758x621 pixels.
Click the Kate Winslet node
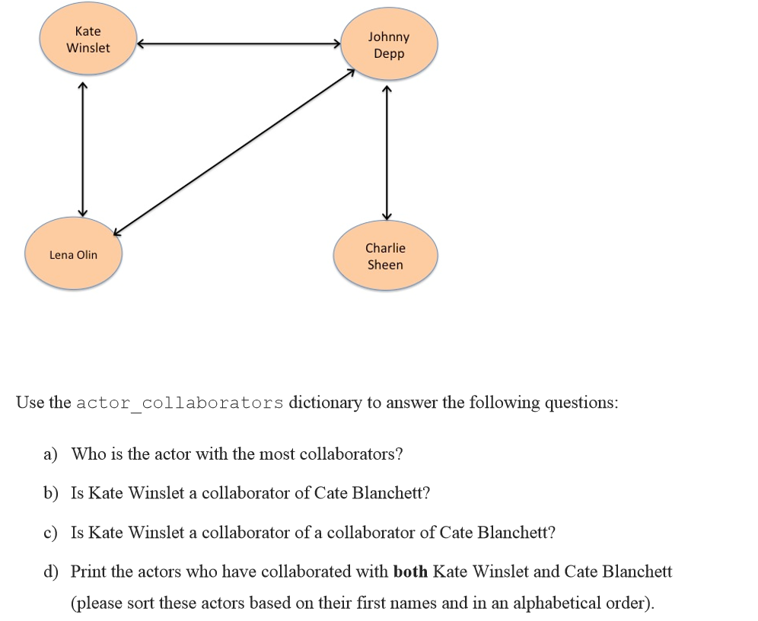[x=88, y=40]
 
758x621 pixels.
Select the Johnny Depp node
[x=389, y=45]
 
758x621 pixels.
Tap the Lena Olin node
[x=73, y=255]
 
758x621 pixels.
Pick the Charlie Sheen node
[x=385, y=256]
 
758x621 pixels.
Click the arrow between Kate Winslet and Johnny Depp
[x=238, y=44]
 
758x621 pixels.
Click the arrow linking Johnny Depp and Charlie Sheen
[x=387, y=152]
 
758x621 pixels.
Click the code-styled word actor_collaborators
[x=180, y=403]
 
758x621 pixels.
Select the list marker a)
[x=50, y=454]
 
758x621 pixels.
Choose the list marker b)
[x=50, y=493]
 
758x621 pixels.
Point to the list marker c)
[x=50, y=533]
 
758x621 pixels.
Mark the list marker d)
[x=50, y=571]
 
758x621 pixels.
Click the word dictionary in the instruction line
[x=325, y=403]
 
